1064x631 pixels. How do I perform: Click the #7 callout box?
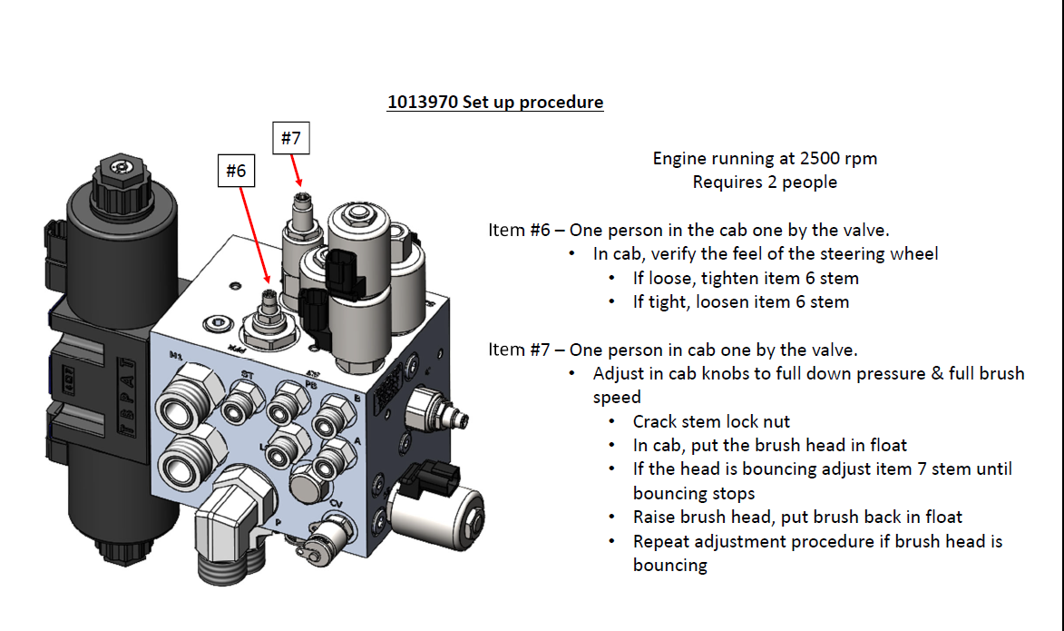tap(290, 138)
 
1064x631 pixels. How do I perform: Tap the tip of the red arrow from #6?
tap(268, 282)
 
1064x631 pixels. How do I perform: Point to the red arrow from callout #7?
tap(295, 169)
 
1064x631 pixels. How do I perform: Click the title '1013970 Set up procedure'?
tap(495, 102)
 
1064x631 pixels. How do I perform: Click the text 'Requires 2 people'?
tap(765, 182)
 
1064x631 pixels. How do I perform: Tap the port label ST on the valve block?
tap(247, 373)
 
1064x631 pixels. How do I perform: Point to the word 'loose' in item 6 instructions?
tap(670, 278)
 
